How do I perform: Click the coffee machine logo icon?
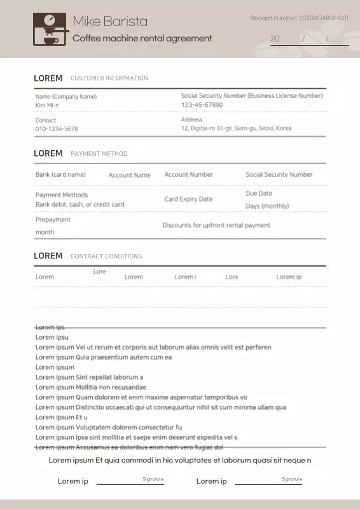48,29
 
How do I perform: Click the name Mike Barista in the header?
109,22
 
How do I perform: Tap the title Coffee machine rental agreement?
142,38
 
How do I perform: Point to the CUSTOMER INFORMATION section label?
109,78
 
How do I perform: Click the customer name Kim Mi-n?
47,105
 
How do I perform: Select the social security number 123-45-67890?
202,104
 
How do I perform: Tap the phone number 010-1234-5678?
57,129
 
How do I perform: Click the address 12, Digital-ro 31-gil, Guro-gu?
236,128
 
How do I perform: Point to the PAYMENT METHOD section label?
99,154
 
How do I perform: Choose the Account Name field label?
129,175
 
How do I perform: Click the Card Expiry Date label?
188,199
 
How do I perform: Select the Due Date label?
259,193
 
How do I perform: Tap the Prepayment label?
53,220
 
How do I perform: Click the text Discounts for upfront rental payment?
216,225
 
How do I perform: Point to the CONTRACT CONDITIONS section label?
106,256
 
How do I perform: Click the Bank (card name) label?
60,174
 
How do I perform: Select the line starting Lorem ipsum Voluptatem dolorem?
108,427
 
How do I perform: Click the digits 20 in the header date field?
275,39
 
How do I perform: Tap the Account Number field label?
188,174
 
